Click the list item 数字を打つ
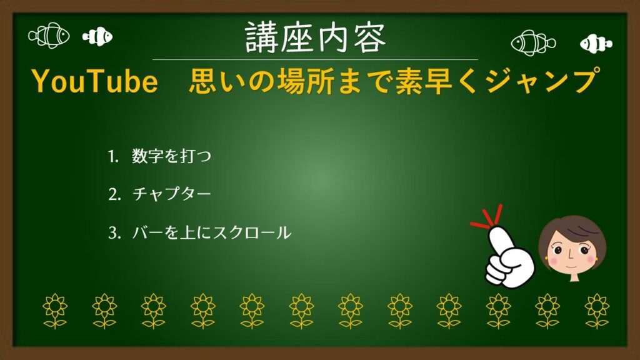pyautogui.click(x=171, y=156)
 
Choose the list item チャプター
pyautogui.click(x=171, y=194)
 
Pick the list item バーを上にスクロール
pyautogui.click(x=211, y=233)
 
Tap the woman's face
pyautogui.click(x=571, y=250)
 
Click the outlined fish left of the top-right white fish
pyautogui.click(x=532, y=42)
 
